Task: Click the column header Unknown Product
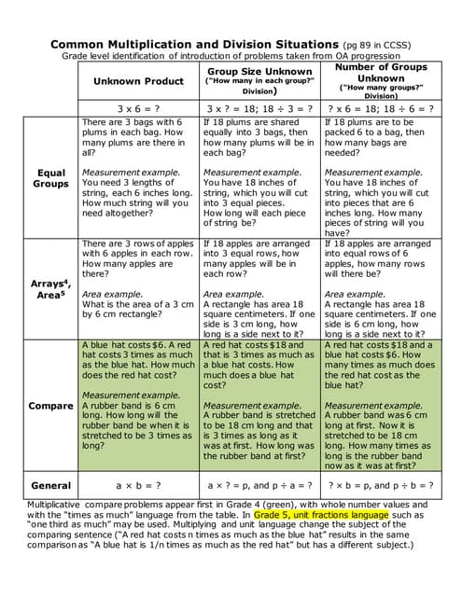(138, 81)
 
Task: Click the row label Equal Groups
(50, 178)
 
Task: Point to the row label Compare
(50, 406)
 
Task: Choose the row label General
(50, 485)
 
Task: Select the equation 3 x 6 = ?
(138, 108)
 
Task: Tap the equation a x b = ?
(138, 485)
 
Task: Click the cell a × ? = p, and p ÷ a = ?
(259, 485)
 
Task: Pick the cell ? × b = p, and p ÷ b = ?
(380, 485)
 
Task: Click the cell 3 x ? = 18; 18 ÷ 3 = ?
(259, 108)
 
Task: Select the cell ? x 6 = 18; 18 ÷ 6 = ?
(380, 108)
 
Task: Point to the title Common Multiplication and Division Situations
(194, 44)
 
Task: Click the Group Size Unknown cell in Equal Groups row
(259, 177)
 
